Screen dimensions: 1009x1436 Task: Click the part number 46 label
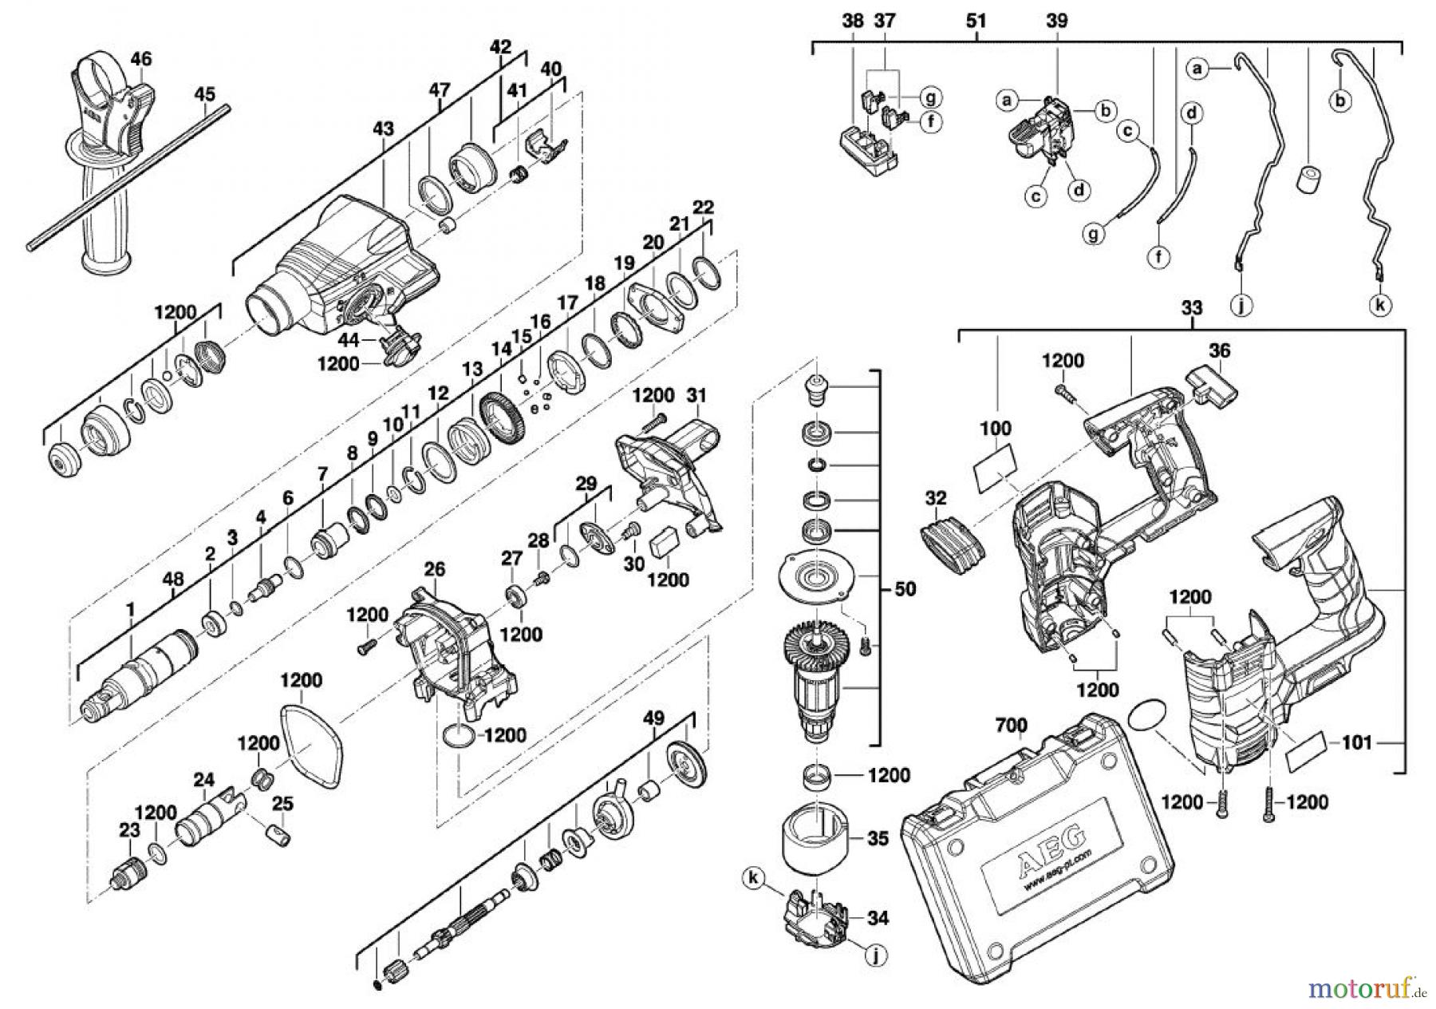coord(141,58)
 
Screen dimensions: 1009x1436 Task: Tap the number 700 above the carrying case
coord(1012,726)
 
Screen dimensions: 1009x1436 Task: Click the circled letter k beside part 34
coord(751,877)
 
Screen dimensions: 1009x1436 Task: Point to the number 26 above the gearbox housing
coord(434,569)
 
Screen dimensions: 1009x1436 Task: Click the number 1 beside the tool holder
coord(130,610)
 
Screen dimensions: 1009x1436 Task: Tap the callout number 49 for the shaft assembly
coord(653,719)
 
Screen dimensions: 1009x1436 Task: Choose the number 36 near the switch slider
coord(1219,350)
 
